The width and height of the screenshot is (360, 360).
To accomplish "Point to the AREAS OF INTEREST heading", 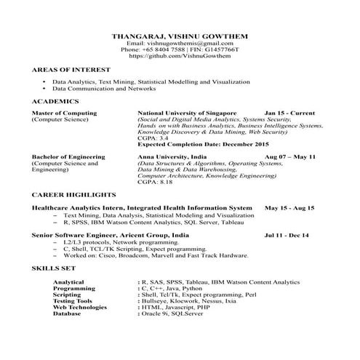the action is (x=65, y=71).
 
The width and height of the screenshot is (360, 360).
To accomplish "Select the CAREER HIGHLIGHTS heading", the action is (x=73, y=196).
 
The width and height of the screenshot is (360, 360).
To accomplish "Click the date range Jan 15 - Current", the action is (x=289, y=114).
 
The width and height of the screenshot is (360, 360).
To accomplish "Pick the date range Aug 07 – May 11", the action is (x=290, y=157).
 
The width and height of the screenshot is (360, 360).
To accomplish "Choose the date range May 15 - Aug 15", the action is (x=289, y=208).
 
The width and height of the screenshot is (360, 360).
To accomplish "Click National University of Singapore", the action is (x=187, y=114).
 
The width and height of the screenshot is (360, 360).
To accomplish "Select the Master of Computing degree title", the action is (x=64, y=114).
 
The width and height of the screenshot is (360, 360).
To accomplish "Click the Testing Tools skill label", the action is (x=73, y=300).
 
